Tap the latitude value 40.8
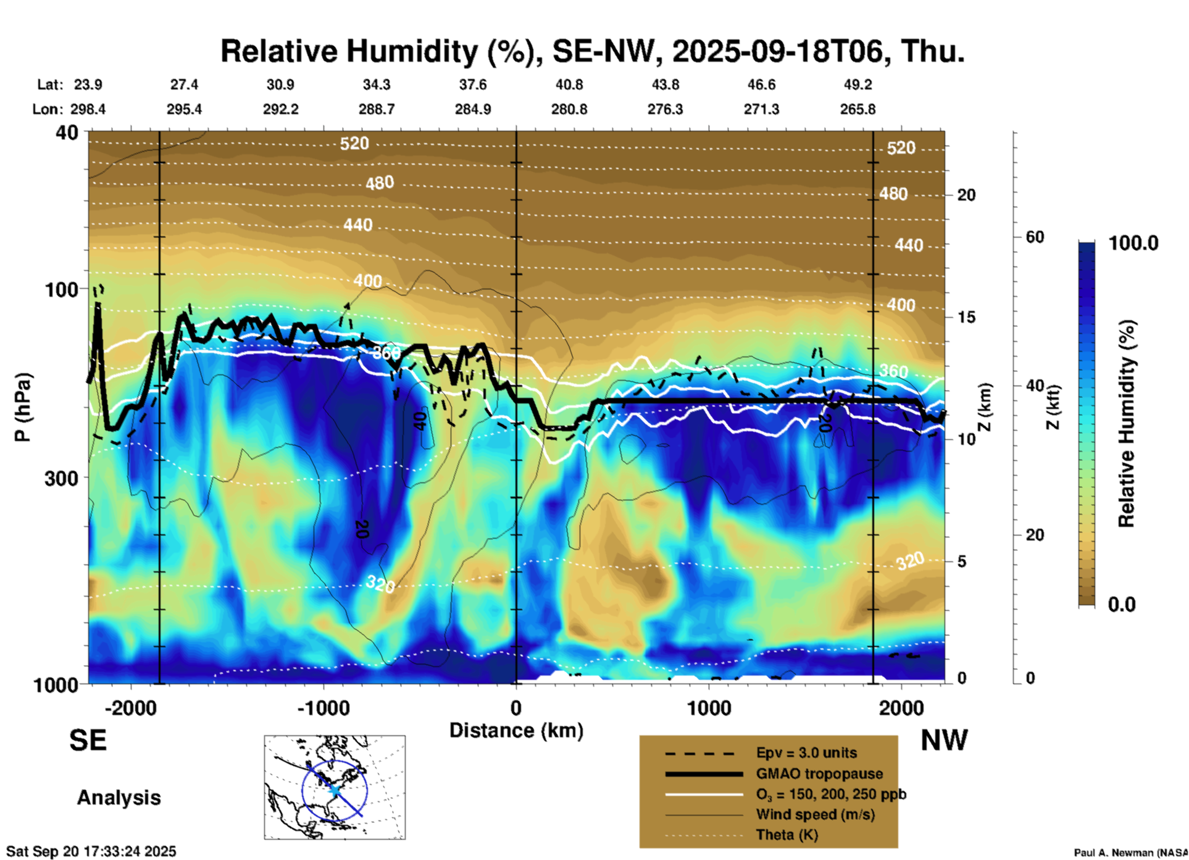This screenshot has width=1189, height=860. tap(569, 85)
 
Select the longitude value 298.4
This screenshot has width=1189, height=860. tap(88, 109)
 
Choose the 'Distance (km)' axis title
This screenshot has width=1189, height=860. tap(516, 730)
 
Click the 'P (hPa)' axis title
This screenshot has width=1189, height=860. tap(23, 407)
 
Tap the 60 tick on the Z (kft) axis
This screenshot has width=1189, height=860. tap(1035, 237)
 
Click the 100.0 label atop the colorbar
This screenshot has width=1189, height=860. tap(1133, 243)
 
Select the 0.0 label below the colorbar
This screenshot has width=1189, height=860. tap(1122, 605)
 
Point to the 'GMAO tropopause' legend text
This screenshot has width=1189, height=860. tap(819, 774)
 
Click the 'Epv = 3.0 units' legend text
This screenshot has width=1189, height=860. tap(806, 753)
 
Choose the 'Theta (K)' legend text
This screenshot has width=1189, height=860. tap(786, 835)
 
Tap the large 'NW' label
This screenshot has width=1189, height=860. tap(944, 740)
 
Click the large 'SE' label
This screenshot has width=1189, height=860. tap(88, 740)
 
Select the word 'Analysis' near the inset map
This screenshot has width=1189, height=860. tap(119, 798)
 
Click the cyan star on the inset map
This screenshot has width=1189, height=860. tap(334, 790)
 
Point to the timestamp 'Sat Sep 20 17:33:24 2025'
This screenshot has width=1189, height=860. tap(91, 851)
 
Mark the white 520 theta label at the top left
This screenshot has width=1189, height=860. tap(354, 144)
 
